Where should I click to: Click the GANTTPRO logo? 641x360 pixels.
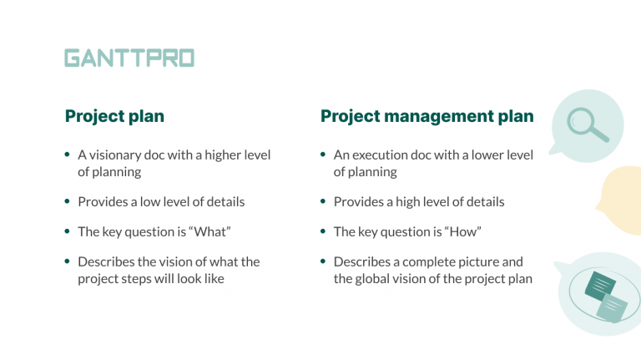[129, 58]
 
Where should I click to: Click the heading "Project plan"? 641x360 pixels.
[114, 116]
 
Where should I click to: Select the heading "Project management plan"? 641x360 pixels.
[426, 116]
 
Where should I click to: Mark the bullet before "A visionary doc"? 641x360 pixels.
[67, 155]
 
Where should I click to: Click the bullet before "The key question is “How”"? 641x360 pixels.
[322, 231]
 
